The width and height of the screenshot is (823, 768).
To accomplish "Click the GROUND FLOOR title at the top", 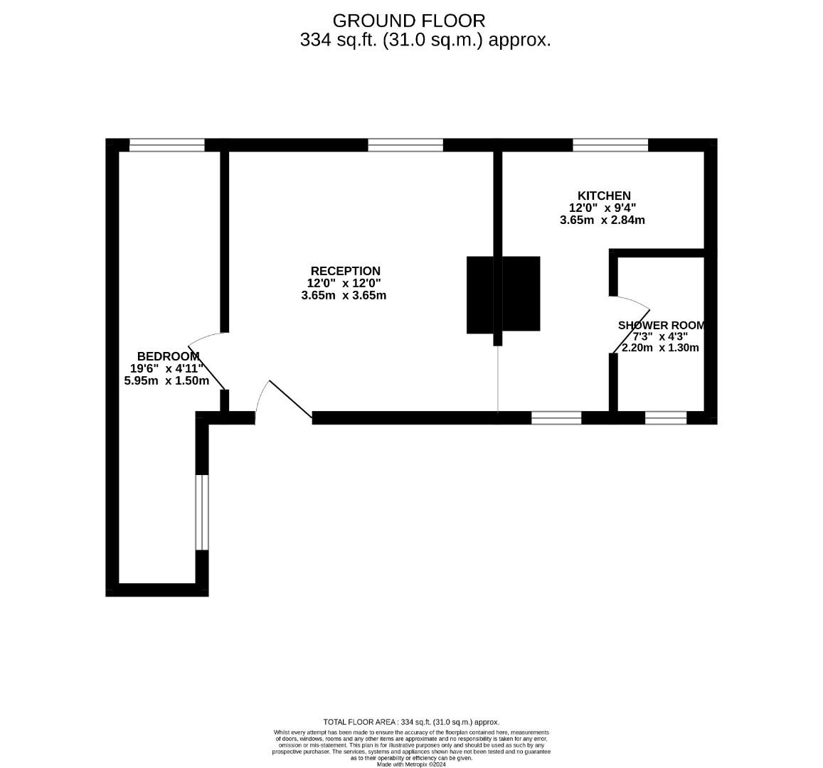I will point(409,21).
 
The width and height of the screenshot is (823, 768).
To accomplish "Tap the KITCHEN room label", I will point(603,196).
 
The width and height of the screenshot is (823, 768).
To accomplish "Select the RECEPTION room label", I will point(345,271).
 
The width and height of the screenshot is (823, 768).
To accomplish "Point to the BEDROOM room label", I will point(168,356).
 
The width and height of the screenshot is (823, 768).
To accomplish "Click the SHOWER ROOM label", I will point(661,325).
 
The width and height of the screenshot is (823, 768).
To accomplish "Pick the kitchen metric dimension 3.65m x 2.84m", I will point(602,220).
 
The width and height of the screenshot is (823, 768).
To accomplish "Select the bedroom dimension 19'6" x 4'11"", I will point(167,368).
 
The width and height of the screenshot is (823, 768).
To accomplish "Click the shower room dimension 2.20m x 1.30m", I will point(660,348).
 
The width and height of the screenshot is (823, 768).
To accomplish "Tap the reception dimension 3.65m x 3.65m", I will point(344,295).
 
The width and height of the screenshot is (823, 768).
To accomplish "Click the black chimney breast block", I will point(503,294).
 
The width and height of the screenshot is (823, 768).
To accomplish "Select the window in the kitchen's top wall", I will point(610,145).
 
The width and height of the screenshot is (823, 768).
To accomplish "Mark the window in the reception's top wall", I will point(405,145).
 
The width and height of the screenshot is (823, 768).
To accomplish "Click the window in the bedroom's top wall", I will point(167,145).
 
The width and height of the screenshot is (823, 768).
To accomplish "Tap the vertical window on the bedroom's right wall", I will point(202,512).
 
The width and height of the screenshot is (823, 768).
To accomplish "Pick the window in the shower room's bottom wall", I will point(666,417).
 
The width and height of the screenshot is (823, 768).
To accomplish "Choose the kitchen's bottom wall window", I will point(556,417).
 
